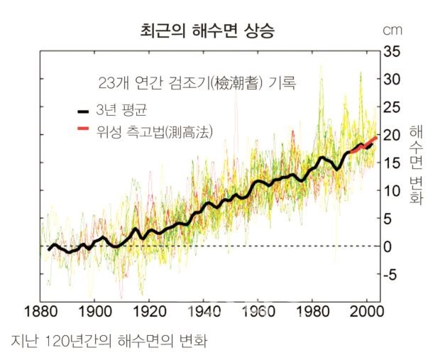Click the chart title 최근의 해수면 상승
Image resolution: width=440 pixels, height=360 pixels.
point(207,31)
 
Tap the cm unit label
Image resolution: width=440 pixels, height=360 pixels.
point(392,31)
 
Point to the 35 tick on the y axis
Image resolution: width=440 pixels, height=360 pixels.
point(392,52)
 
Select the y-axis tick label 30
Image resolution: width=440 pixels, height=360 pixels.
point(392,80)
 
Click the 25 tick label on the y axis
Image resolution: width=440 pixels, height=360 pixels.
point(392,107)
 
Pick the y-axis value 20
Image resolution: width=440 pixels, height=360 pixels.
point(392,135)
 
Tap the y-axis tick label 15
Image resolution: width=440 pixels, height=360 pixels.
point(392,163)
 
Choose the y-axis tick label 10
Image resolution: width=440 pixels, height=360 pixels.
point(392,191)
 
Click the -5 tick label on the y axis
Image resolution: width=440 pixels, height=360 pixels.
point(390,274)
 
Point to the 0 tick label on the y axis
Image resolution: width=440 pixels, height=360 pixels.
point(387,246)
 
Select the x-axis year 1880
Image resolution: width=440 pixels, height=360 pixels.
point(41,312)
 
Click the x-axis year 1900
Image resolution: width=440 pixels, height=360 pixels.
point(94,312)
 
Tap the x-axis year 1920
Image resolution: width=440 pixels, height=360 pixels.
point(149,312)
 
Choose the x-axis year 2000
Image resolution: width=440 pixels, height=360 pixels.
point(367,312)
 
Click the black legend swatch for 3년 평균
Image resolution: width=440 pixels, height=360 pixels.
point(83,111)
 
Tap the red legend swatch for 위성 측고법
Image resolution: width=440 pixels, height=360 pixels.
point(83,129)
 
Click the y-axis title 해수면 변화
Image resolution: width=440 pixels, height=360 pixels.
point(416,165)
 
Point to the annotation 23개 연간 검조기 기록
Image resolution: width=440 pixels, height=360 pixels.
point(197,83)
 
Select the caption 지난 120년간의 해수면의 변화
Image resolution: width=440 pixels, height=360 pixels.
point(109,341)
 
